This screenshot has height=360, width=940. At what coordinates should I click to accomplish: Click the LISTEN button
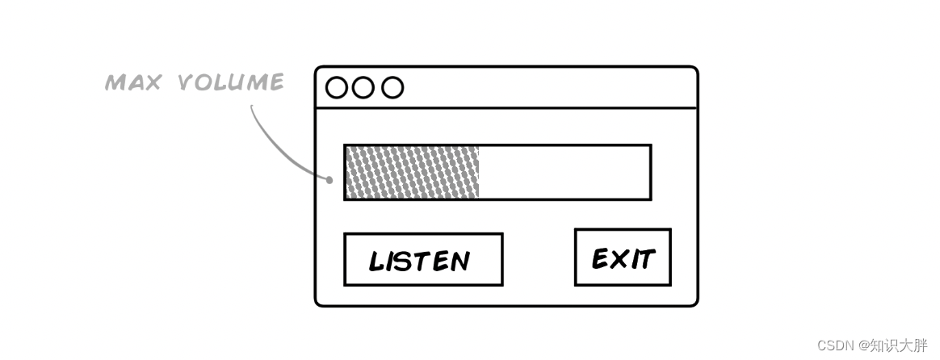pos(423,260)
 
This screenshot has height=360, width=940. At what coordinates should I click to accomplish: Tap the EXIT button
pos(623,257)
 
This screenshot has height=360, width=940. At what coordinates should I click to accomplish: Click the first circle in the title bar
pos(336,87)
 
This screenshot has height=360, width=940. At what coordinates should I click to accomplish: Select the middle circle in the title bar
pos(363,87)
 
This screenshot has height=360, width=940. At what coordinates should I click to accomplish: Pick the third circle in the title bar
pos(392,87)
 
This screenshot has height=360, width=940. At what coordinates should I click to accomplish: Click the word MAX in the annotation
pos(132,82)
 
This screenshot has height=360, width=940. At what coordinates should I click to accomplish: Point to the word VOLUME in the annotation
pos(230,82)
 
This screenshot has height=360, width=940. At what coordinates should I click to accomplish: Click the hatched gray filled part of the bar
pos(412,172)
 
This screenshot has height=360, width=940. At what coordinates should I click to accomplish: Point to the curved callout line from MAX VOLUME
pos(271,145)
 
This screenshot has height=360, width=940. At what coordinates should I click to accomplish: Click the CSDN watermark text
pos(836,345)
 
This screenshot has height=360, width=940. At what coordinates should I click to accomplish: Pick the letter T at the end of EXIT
pos(645,258)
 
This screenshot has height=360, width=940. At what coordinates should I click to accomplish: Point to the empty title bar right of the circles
pos(549,87)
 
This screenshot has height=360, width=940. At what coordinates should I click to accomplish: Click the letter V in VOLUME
pos(185,82)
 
